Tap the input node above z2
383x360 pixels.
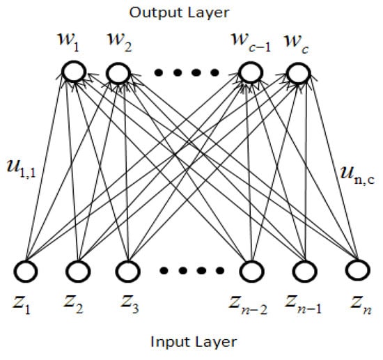click(x=77, y=270)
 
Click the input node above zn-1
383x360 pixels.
click(x=304, y=270)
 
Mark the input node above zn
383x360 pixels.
click(x=355, y=270)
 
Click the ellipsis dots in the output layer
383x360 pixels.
click(x=185, y=72)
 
